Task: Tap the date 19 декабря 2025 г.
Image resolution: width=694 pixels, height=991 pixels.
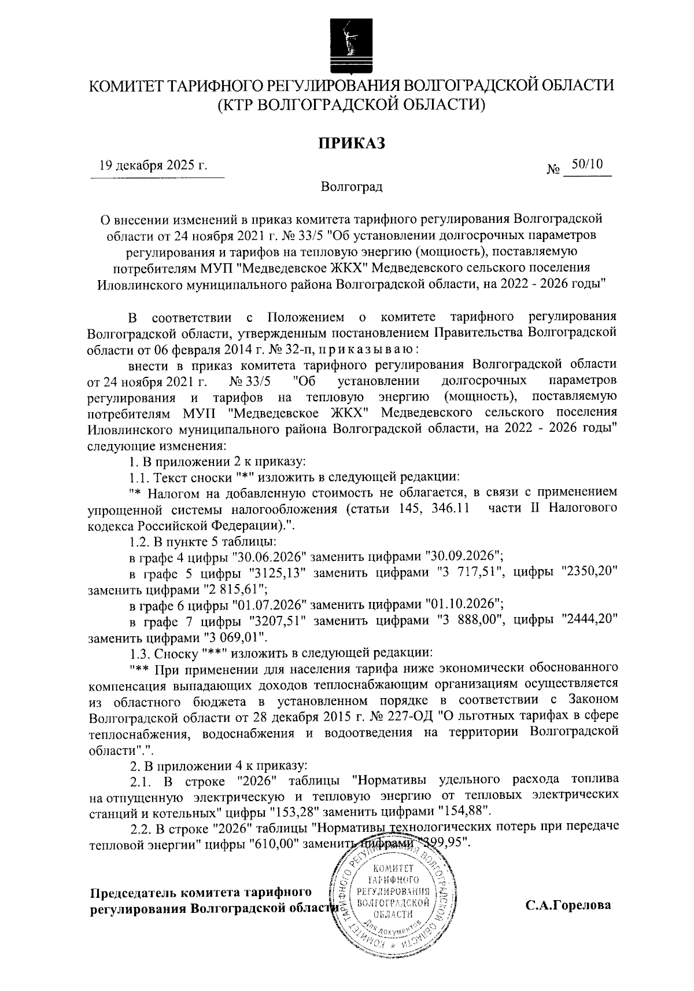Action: coord(153,165)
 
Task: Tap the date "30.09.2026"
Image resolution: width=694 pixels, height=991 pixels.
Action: coord(463,556)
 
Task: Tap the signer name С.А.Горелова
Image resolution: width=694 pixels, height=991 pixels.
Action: coord(568,905)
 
